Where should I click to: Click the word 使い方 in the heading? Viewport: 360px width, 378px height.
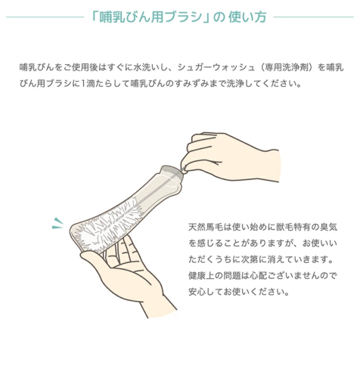coord(247,17)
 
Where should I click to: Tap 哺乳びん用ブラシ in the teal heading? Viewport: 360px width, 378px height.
coord(151,17)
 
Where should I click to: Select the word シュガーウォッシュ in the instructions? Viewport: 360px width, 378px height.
coord(216,67)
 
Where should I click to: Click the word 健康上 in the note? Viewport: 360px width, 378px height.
coord(201,276)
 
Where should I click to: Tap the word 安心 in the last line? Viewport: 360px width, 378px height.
coord(197,292)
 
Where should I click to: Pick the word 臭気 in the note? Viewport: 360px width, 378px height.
coord(328,227)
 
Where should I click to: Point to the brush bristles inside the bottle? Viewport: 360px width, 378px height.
coord(108,226)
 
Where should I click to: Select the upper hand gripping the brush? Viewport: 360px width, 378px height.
coord(230,156)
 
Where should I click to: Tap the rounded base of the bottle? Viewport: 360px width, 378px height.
coord(76,237)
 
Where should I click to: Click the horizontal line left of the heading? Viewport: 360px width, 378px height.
coord(45,17)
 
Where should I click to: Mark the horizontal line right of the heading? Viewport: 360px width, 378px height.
coord(314,17)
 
